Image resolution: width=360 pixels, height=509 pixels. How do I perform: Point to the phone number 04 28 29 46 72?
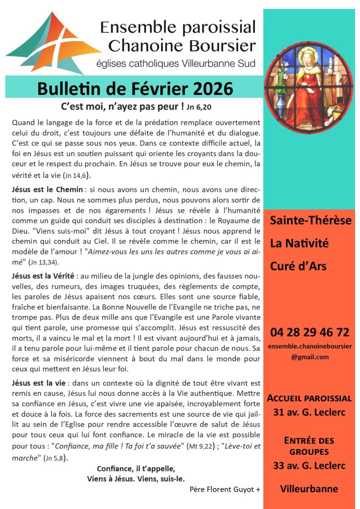click(x=309, y=332)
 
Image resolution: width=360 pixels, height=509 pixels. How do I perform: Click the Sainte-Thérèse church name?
click(x=310, y=221)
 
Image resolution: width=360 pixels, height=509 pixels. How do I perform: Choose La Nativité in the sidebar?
click(x=299, y=244)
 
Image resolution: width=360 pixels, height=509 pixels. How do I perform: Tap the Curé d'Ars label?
click(x=298, y=266)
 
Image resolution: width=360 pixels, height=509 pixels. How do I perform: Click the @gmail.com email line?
click(x=310, y=357)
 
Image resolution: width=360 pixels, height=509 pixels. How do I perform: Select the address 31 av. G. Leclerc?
click(x=309, y=412)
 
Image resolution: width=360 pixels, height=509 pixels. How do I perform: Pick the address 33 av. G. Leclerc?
click(x=309, y=466)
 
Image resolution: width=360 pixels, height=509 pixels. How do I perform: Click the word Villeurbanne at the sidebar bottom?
click(x=309, y=489)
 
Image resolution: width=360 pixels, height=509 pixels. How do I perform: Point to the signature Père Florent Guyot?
click(x=225, y=490)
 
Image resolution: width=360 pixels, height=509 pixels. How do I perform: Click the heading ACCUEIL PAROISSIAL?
click(x=309, y=398)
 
